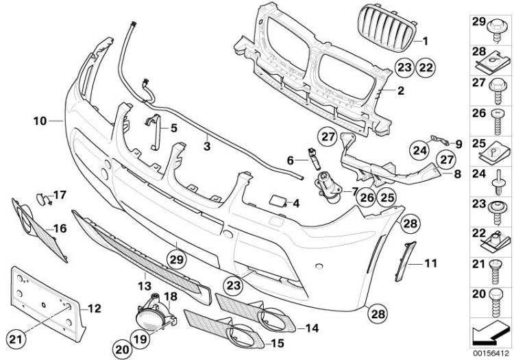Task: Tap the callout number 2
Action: tap(401, 91)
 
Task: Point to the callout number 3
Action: tap(206, 146)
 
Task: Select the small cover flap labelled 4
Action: tap(278, 201)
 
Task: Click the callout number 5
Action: tap(174, 128)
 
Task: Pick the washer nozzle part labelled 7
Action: tap(328, 188)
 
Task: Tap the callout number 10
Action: tap(40, 121)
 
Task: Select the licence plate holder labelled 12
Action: tap(48, 303)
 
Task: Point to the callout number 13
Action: tap(144, 285)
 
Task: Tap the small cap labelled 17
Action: tap(42, 199)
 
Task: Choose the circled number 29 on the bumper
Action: tap(176, 260)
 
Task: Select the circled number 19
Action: tap(140, 339)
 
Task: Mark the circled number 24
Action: tap(420, 150)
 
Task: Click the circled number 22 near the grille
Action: tap(426, 67)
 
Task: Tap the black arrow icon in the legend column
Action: tap(491, 333)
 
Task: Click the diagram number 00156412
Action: tap(491, 354)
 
